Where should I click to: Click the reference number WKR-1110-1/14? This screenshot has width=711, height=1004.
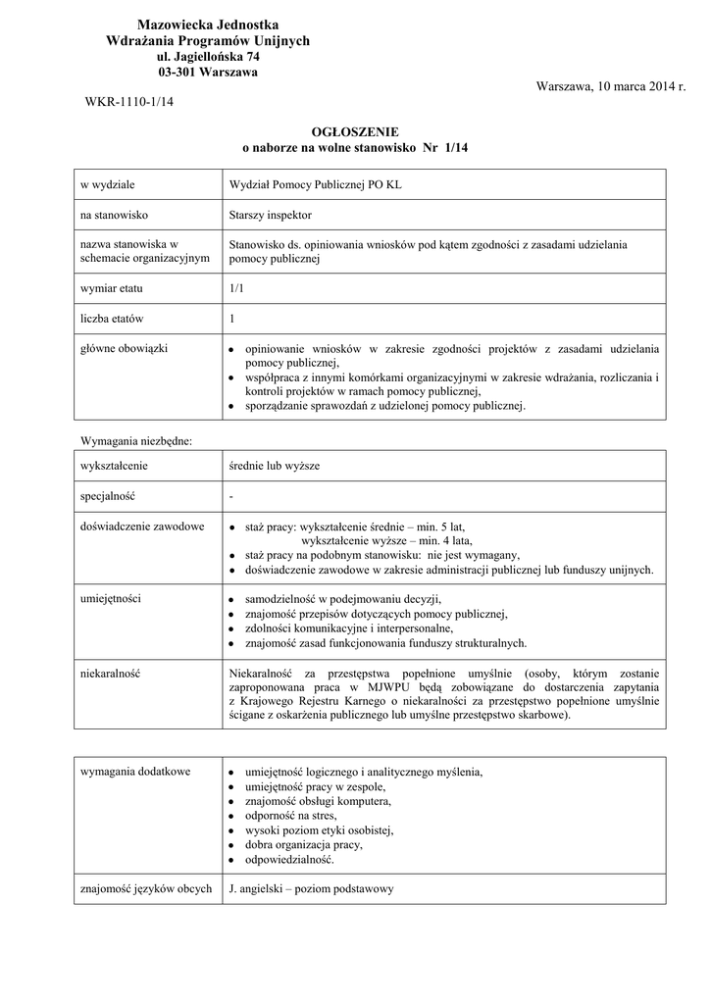point(122,102)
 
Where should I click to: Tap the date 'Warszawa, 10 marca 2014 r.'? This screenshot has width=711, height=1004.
point(611,86)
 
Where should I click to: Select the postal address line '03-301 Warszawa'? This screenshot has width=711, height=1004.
point(208,72)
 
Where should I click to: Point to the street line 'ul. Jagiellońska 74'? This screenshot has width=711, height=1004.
point(208,57)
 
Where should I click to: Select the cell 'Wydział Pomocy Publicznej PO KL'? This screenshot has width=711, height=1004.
point(314,184)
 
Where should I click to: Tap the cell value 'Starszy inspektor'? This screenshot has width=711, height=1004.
point(270,214)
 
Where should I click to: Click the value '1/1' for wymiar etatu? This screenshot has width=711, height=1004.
point(235,289)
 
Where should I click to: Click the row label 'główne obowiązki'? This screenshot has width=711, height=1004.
point(124,349)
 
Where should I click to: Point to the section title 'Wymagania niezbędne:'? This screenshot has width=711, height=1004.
point(135,441)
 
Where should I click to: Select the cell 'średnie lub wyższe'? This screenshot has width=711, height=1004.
point(274,467)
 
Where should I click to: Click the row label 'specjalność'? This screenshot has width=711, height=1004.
point(109,496)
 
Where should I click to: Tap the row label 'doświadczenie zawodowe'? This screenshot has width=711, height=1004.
point(142,527)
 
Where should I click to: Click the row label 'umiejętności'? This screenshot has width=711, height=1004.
point(111,597)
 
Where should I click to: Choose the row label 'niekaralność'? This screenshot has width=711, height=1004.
point(111,675)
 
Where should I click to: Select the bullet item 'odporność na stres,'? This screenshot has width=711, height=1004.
point(291,816)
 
